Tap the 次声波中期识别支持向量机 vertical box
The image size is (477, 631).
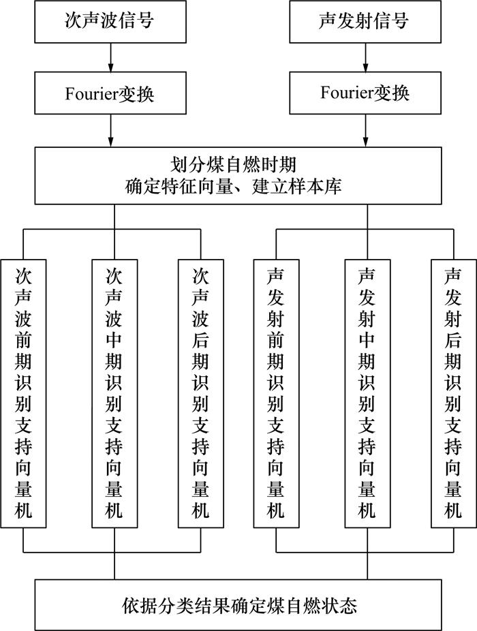pyautogui.click(x=114, y=393)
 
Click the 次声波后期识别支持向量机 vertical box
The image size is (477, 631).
pyautogui.click(x=200, y=393)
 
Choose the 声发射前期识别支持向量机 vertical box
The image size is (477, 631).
pyautogui.click(x=276, y=393)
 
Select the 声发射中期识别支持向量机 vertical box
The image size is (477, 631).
pyautogui.click(x=367, y=393)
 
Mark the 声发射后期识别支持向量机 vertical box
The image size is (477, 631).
pyautogui.click(x=453, y=393)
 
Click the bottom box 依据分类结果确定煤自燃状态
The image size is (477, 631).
pyautogui.click(x=238, y=604)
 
